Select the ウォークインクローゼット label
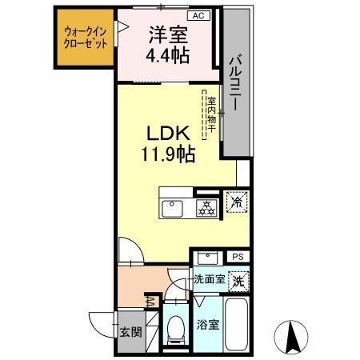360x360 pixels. click(85, 39)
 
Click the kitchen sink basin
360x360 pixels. click(174, 208)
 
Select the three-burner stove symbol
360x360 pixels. click(206, 207)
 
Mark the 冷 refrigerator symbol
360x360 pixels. click(236, 202)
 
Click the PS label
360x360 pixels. click(237, 256)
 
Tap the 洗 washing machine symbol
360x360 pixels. click(237, 281)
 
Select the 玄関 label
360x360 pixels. click(130, 331)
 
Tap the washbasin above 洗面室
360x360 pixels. click(208, 258)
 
